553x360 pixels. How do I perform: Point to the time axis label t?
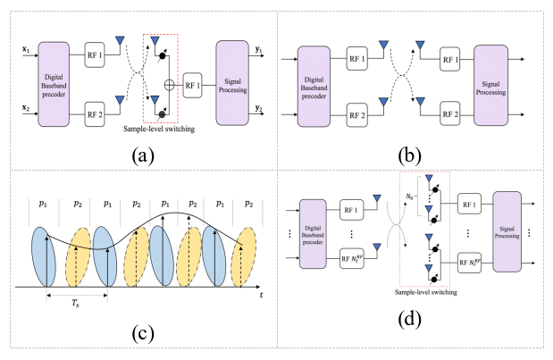261,292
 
